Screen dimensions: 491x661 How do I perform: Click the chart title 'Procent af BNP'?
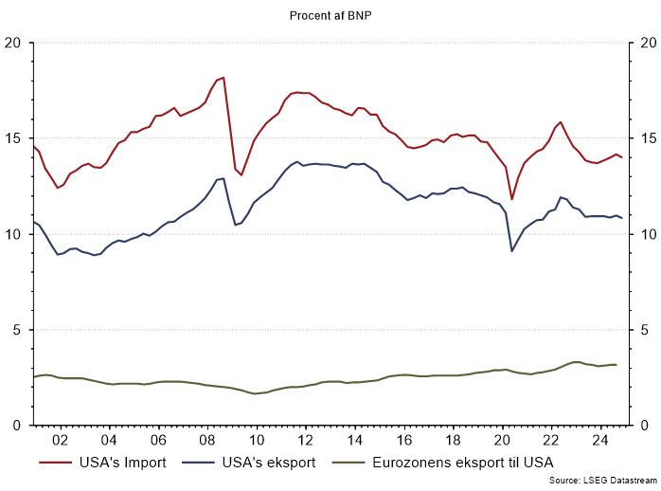(x=330, y=15)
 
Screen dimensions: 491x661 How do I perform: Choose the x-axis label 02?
(x=59, y=440)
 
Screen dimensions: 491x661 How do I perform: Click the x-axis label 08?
(x=206, y=440)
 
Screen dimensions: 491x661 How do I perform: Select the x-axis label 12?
(x=305, y=440)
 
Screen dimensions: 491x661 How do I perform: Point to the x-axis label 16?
(x=403, y=440)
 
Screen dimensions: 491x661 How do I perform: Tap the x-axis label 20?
(x=502, y=440)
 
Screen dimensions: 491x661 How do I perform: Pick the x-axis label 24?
(x=600, y=440)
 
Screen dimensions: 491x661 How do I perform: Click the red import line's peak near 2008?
(x=223, y=78)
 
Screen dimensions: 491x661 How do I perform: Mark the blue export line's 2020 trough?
(x=512, y=250)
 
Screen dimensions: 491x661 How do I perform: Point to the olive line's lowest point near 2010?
(x=254, y=393)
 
